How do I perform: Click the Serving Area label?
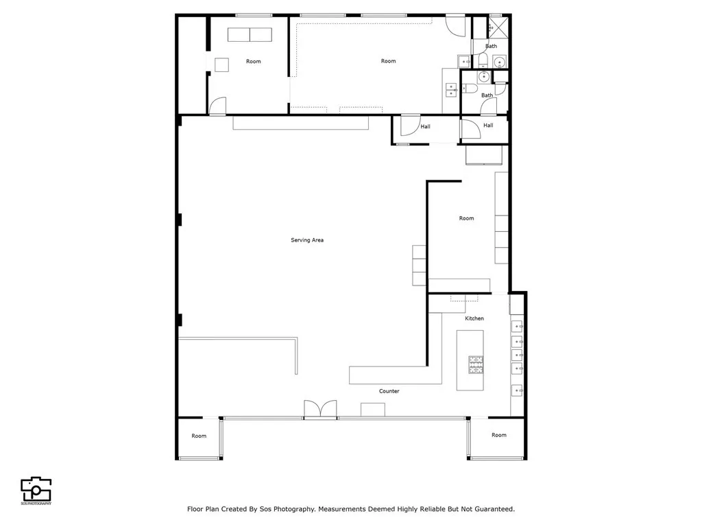pyautogui.click(x=307, y=240)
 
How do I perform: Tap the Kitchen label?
pyautogui.click(x=474, y=318)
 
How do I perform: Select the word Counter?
pyautogui.click(x=389, y=391)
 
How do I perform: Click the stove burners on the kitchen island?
pyautogui.click(x=476, y=365)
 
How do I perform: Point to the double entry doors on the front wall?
pyautogui.click(x=321, y=409)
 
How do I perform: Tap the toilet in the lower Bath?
pyautogui.click(x=470, y=89)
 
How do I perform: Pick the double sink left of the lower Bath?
pyautogui.click(x=451, y=88)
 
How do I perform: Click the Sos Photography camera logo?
pyautogui.click(x=36, y=489)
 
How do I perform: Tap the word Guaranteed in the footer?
pyautogui.click(x=493, y=509)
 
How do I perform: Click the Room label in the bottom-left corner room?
pyautogui.click(x=199, y=436)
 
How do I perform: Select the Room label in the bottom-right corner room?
pyautogui.click(x=499, y=435)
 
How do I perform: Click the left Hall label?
pyautogui.click(x=426, y=126)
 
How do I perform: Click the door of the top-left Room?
pyautogui.click(x=217, y=106)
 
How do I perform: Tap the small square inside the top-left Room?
pyautogui.click(x=221, y=65)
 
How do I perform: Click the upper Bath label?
pyautogui.click(x=492, y=46)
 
